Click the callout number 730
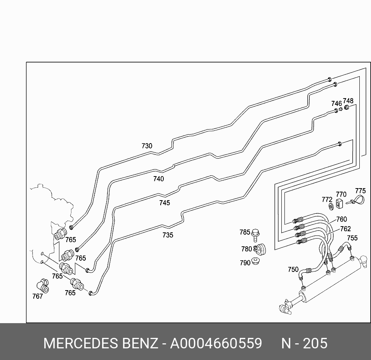point(147,146)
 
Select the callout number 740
point(158,179)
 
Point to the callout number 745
point(164,203)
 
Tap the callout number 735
point(168,235)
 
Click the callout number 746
point(336,104)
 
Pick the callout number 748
point(348,101)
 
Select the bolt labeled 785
point(256,234)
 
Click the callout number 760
point(342,220)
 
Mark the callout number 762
point(345,229)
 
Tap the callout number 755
point(352,238)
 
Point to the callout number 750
point(293,270)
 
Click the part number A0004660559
point(216,343)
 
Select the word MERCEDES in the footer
point(80,343)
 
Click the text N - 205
point(304,343)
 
